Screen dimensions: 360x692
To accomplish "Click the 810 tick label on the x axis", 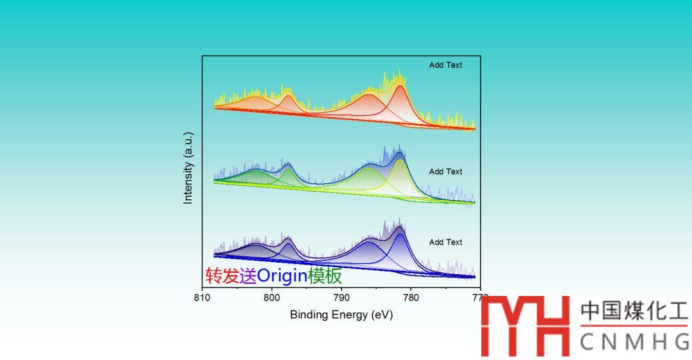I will point(202,298).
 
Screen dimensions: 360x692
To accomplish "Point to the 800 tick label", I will point(272,298).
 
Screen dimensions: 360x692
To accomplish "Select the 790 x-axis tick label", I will point(342,298).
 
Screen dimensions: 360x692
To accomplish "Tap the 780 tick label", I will point(411,298).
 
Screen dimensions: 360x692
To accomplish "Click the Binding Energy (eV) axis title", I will point(341,315).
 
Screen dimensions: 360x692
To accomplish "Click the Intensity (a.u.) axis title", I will point(188,168).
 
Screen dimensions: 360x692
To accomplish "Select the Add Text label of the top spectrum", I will point(445,65).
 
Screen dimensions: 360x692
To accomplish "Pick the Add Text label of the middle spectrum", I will point(445,172).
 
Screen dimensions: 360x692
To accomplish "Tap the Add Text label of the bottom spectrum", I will point(445,242).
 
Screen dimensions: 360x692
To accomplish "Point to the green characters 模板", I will point(325,276).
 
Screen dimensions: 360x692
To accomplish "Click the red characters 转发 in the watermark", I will point(222,276).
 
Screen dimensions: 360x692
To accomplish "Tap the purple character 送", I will point(247,276).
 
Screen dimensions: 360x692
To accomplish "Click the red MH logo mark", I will point(525,326).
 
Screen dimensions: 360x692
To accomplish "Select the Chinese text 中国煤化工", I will point(634,311).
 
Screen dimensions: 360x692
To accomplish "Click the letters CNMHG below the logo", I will point(634,342).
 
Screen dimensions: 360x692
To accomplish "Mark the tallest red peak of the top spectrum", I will point(400,88).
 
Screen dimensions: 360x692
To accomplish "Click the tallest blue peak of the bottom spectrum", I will point(400,236).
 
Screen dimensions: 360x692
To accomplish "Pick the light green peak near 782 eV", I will point(399,161).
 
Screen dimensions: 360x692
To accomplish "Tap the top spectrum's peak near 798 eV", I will point(287,95).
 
